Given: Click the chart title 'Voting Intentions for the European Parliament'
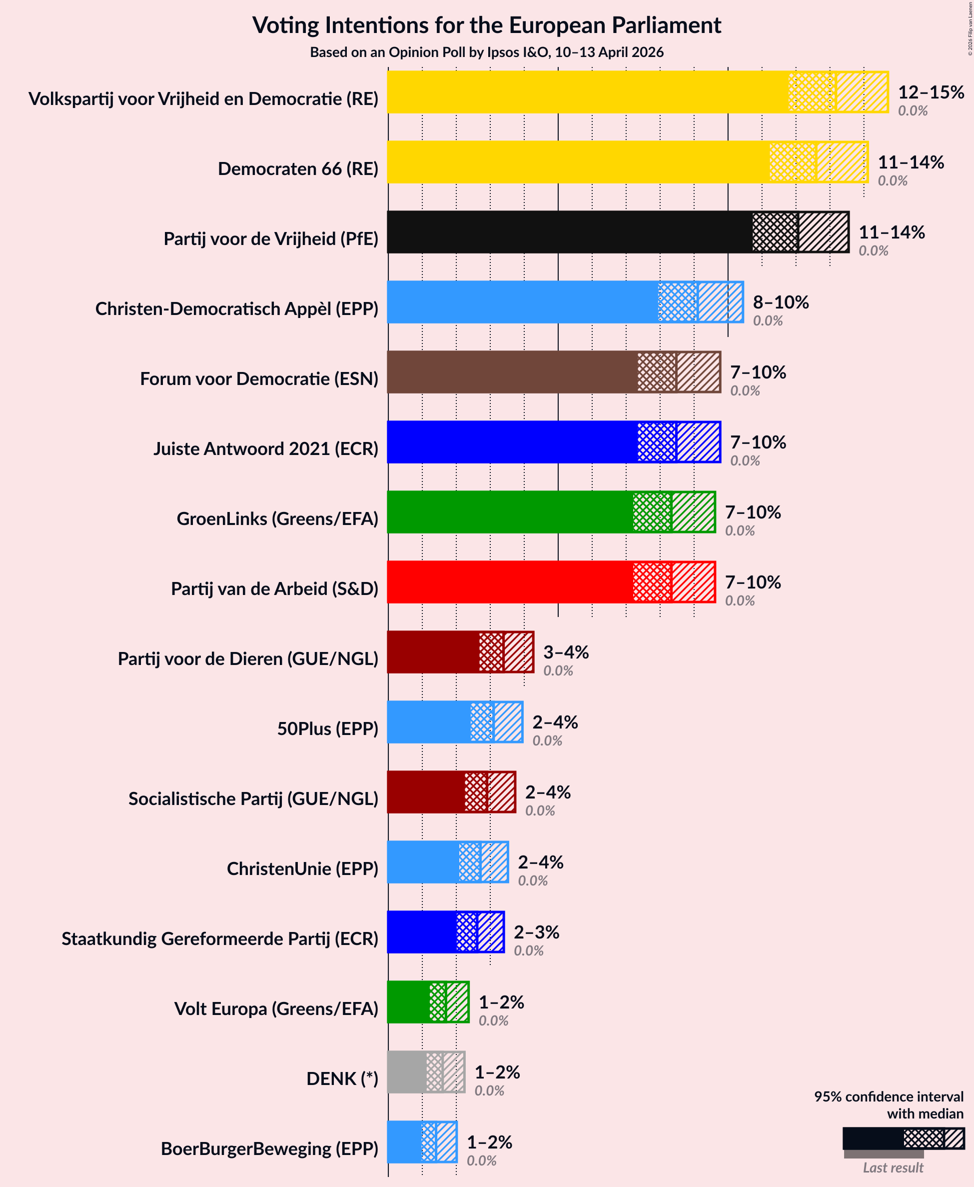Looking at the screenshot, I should click(x=486, y=25).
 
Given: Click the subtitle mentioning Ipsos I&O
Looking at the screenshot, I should click(x=486, y=52).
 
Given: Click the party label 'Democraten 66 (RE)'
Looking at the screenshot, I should click(x=298, y=168).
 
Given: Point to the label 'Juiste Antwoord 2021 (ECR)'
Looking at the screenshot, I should click(x=266, y=448).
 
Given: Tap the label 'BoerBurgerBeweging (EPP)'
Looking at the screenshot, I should click(x=269, y=1148).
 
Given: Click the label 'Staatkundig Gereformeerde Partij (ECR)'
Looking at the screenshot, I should click(x=220, y=938).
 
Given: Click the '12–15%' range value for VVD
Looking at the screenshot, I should click(x=931, y=92).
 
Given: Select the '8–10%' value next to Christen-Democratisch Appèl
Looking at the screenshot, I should click(x=781, y=302).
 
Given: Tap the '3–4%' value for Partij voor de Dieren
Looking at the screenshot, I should click(x=566, y=651).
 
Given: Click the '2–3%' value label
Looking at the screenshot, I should click(x=536, y=931).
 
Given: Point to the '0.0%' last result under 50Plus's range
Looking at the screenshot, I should click(x=547, y=740).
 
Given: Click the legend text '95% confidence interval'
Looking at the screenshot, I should click(x=889, y=1096).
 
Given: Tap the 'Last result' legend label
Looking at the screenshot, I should click(x=893, y=1167).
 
